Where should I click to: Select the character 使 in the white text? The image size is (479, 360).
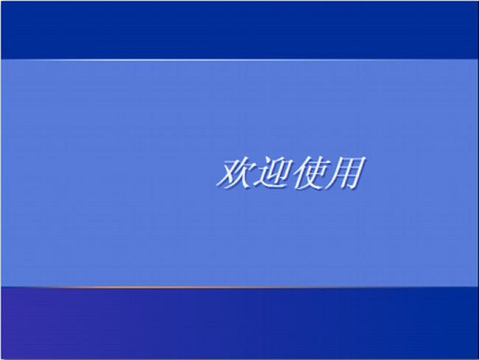point(310,173)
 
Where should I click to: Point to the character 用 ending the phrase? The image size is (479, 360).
point(346,173)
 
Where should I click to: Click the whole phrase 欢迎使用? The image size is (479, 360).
point(291,173)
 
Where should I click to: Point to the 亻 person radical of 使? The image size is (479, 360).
point(299,173)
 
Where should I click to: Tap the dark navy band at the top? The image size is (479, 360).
point(239,30)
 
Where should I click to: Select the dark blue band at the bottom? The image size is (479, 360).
point(239,322)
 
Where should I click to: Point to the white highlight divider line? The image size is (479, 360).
point(239,60)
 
